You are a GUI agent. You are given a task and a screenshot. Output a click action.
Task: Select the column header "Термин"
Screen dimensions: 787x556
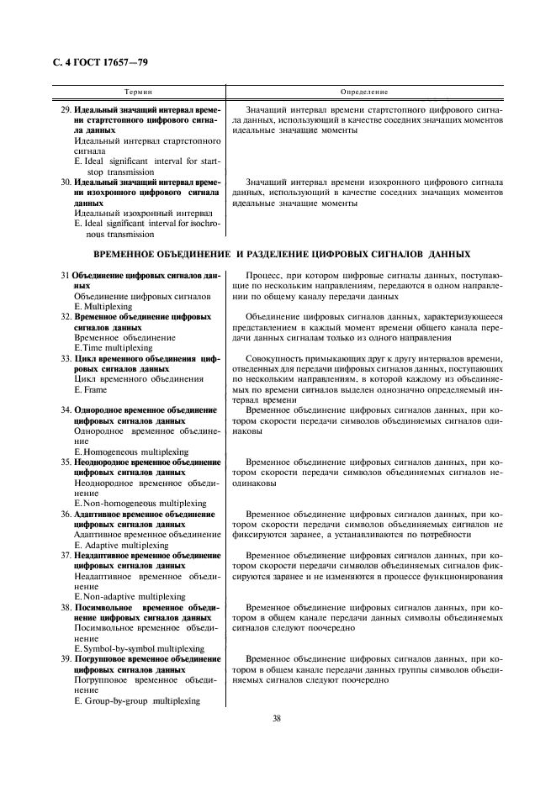click(138, 91)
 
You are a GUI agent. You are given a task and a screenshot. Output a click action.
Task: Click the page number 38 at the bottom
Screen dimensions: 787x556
click(277, 717)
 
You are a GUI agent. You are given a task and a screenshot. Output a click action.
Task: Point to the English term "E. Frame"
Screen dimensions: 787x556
click(90, 390)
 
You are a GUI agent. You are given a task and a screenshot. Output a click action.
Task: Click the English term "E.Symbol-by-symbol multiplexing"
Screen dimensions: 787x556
click(139, 648)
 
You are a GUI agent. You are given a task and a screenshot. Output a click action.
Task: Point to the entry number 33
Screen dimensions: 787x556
click(66, 358)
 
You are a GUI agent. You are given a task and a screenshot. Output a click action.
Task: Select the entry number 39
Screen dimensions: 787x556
click(66, 658)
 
